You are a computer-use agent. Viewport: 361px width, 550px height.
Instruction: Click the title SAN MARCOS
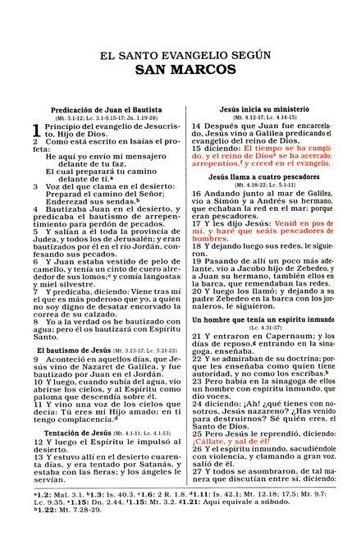pos(180,71)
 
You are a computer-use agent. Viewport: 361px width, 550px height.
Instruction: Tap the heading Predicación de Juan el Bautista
pos(98,109)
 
